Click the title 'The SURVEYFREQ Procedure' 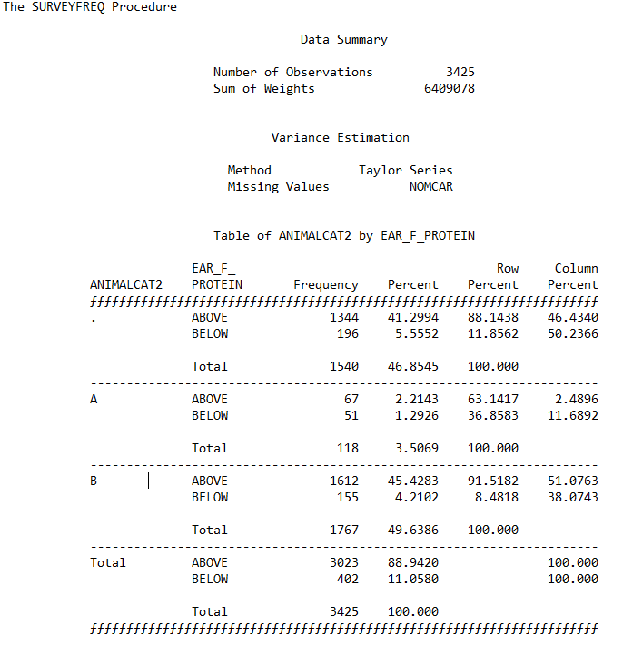tap(90, 7)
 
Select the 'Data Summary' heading tap(343, 40)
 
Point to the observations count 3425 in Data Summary tap(460, 73)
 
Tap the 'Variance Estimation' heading tap(340, 138)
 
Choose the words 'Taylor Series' tap(405, 171)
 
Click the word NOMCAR tap(430, 187)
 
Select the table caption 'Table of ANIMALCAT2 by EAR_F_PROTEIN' tap(343, 236)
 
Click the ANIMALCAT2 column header tap(126, 285)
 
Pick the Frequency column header tap(326, 285)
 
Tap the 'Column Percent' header tap(576, 276)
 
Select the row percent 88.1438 tap(493, 318)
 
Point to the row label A tap(94, 400)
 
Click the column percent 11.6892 tap(572, 416)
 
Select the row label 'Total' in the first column tap(108, 563)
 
